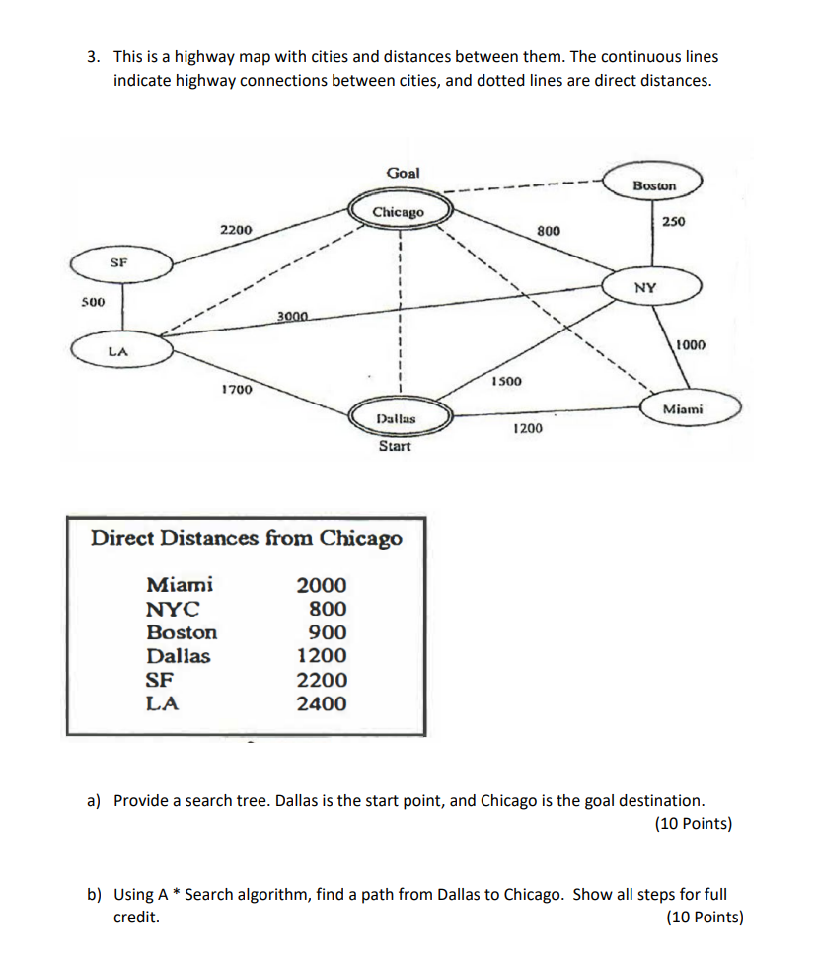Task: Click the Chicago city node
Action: coord(399,212)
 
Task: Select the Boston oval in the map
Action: coord(654,185)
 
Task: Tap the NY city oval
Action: coord(645,288)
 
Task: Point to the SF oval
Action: coord(119,263)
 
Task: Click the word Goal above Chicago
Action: coord(403,173)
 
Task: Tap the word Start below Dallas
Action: coord(395,447)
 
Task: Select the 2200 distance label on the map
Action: coord(236,229)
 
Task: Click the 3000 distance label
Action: coord(293,316)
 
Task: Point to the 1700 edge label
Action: coord(237,391)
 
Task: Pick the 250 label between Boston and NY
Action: coord(674,221)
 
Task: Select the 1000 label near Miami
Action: coord(691,345)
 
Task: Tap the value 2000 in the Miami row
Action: coord(322,585)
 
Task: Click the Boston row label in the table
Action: coord(182,632)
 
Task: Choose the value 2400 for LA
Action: coord(322,703)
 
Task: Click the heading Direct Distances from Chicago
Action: coord(247,538)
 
